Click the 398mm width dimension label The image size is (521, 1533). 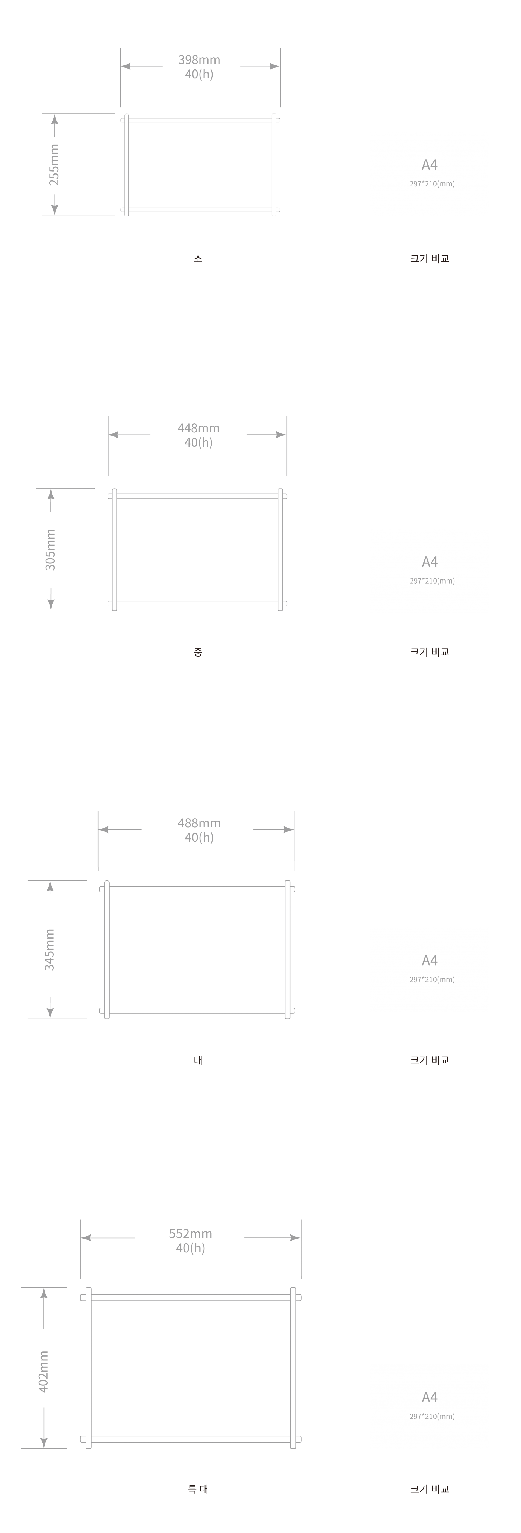click(199, 59)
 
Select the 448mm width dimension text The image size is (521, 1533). click(198, 428)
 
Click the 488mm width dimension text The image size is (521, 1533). click(199, 823)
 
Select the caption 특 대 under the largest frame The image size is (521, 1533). click(198, 1489)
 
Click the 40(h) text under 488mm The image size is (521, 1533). click(199, 837)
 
